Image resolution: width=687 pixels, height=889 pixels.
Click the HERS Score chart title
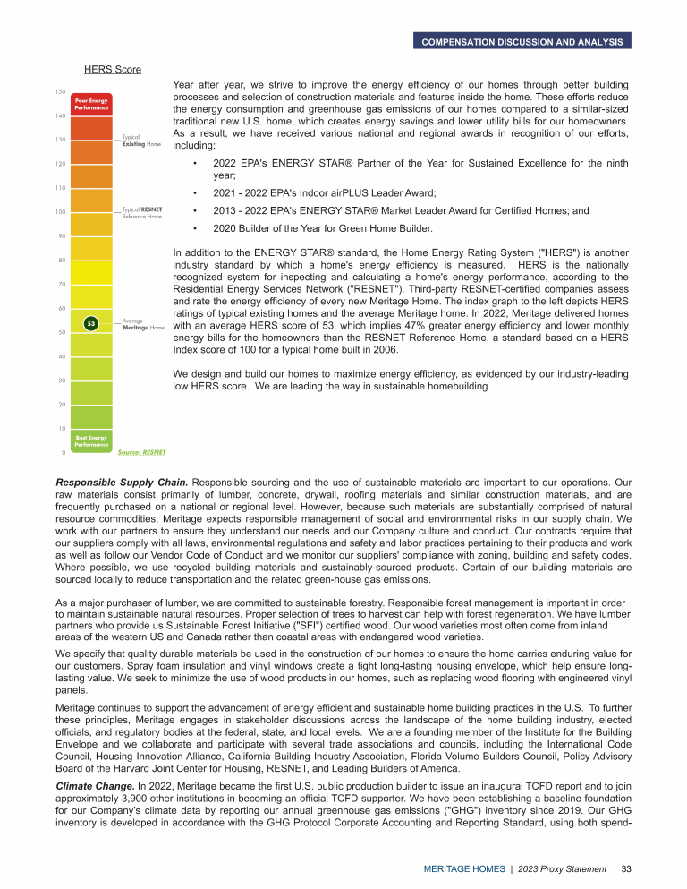113,69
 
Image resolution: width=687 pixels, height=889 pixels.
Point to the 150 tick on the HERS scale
60,92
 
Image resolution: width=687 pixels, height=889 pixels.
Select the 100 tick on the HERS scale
60,212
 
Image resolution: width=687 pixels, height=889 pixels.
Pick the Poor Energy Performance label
91,104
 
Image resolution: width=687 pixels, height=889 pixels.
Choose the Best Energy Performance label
91,440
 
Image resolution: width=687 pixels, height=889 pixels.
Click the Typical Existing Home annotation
141,141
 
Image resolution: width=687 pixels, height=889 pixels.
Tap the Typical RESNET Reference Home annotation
142,212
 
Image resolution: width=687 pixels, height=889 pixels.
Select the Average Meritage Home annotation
144,324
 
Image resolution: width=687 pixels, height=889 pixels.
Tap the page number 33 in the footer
626,868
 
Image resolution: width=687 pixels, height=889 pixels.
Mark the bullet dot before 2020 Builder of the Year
195,228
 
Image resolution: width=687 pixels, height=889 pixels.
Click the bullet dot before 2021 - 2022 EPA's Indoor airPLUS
195,193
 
